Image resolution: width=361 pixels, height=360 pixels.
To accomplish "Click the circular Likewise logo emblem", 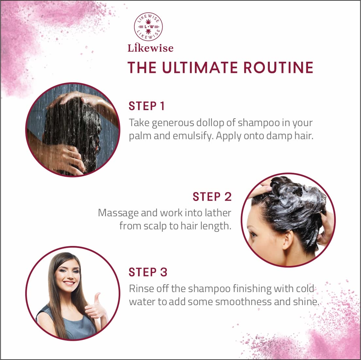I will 148,27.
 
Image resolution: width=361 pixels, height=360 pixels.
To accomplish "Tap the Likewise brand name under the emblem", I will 150,48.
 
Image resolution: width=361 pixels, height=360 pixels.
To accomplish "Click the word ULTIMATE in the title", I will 200,68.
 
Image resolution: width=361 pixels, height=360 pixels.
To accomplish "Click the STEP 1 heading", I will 146,106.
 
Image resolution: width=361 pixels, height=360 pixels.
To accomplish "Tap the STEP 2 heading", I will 212,197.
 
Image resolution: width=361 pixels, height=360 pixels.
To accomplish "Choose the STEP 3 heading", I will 148,272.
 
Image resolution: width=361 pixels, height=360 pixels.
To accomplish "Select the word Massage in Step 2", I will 118,213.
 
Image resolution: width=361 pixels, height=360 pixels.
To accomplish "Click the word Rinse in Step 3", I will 141,289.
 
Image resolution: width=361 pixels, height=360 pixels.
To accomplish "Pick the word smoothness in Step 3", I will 244,302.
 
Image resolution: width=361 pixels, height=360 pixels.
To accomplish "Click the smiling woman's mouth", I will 69,283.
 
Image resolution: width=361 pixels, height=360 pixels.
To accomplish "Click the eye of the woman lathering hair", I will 253,234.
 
